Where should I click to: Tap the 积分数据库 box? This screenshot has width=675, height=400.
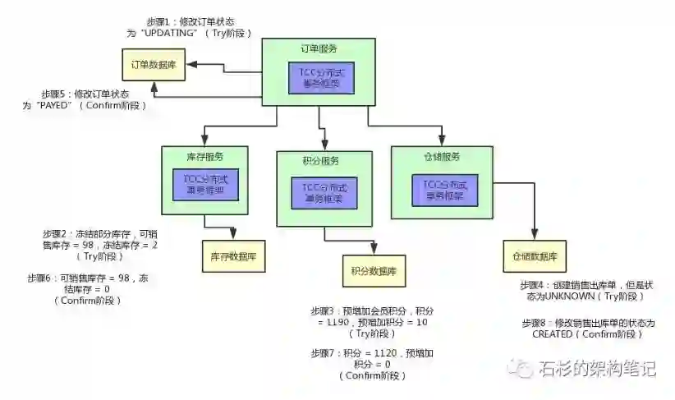pyautogui.click(x=374, y=270)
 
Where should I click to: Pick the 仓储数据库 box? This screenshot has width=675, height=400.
pyautogui.click(x=535, y=256)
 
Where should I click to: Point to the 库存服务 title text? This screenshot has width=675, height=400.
pyautogui.click(x=205, y=156)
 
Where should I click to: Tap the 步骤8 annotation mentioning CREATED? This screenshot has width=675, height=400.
pyautogui.click(x=588, y=329)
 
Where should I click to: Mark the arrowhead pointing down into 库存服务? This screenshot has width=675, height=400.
pyautogui.click(x=202, y=140)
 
